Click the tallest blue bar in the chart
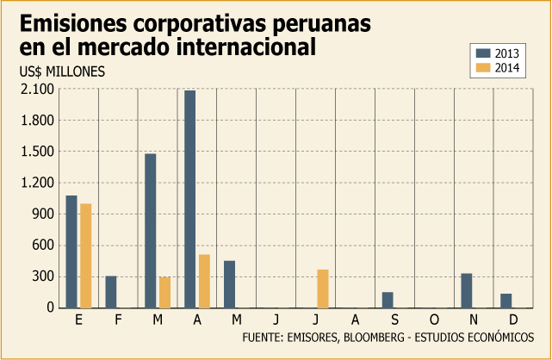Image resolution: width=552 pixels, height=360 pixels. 189,199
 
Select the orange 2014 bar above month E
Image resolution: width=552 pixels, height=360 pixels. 86,256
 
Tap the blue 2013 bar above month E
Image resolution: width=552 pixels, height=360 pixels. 71,251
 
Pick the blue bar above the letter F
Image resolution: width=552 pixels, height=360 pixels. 111,292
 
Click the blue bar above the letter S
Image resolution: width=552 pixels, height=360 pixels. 388,301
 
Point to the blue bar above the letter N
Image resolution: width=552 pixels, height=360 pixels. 467,291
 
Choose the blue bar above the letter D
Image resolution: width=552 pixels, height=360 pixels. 505,301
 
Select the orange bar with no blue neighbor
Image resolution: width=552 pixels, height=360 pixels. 323,289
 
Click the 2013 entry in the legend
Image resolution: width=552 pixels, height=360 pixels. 498,53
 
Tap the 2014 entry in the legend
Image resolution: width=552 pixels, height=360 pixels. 498,67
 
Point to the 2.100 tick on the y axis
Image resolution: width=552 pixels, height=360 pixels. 38,90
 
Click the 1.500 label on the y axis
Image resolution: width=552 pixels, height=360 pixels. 38,152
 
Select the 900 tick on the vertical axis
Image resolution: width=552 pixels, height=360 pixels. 43,214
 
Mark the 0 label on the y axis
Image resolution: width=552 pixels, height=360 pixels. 51,307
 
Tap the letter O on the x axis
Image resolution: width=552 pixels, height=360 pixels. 434,320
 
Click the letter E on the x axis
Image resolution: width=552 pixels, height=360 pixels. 78,320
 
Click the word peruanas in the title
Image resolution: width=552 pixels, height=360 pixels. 321,25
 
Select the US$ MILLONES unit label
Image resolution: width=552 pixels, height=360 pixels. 62,71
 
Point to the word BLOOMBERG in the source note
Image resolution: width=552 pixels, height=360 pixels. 374,338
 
